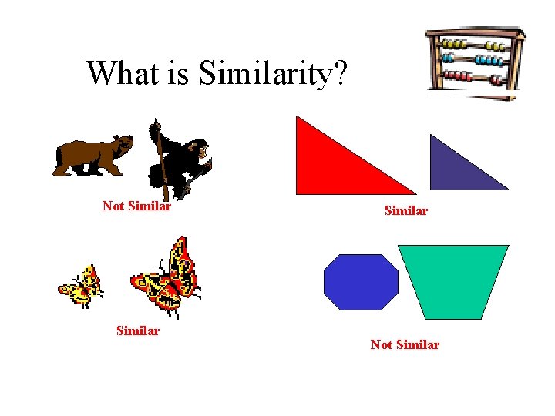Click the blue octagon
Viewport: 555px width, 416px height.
(362, 282)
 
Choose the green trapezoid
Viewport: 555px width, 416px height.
(454, 277)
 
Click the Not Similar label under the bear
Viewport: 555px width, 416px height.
(136, 206)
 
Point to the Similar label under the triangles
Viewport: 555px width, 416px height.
(405, 210)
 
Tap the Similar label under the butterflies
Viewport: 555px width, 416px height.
(137, 331)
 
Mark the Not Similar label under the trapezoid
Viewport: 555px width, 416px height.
(405, 345)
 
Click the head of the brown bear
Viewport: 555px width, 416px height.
(122, 143)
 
